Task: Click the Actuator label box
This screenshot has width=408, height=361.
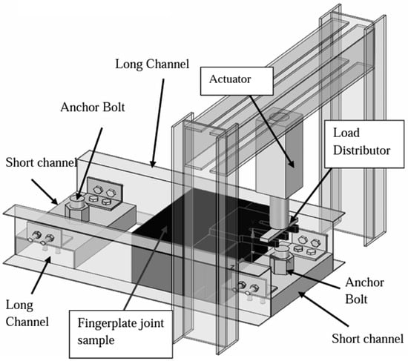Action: (x=237, y=81)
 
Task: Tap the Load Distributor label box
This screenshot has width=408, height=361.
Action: (x=364, y=144)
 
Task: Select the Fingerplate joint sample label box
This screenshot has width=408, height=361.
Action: (x=121, y=334)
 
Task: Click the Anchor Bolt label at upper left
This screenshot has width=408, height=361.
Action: (x=93, y=107)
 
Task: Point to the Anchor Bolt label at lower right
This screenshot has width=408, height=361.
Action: (x=364, y=291)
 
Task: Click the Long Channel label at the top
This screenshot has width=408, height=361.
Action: (x=152, y=64)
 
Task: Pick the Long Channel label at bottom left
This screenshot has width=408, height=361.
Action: (x=27, y=313)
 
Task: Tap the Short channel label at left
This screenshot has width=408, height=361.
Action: (x=41, y=162)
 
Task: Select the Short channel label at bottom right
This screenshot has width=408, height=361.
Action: (x=367, y=339)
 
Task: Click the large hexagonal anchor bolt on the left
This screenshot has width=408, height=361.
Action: (x=76, y=208)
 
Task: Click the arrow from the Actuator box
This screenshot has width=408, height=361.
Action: (x=272, y=132)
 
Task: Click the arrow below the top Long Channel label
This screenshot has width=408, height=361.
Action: (x=158, y=123)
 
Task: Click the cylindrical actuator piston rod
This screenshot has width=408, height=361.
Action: (x=280, y=213)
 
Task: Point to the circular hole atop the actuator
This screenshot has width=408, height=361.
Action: (x=279, y=117)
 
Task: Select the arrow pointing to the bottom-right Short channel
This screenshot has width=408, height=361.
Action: (x=323, y=309)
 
